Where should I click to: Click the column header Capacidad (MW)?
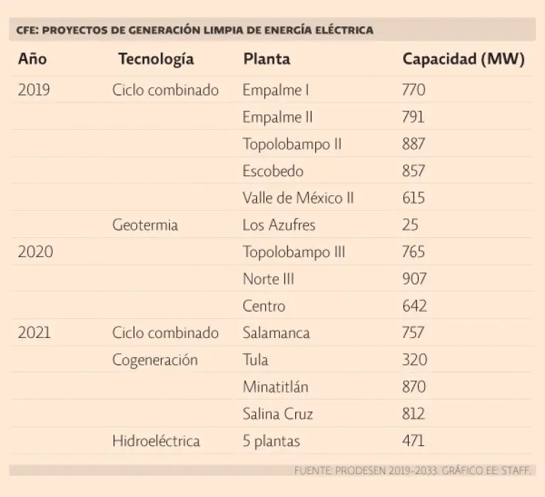tap(463, 60)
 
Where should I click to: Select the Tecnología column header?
tap(155, 60)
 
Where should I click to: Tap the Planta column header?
tap(266, 60)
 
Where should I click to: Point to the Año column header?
tap(33, 60)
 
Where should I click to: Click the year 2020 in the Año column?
tap(35, 252)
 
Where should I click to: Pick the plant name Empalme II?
tap(277, 117)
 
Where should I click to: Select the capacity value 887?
tap(413, 144)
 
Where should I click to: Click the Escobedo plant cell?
tap(272, 171)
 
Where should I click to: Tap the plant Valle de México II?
tap(298, 198)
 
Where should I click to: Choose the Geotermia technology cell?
tap(145, 225)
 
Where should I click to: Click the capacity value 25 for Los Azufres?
tap(409, 225)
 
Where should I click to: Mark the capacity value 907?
tap(414, 279)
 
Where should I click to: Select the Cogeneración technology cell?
tap(155, 360)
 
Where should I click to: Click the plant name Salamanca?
tap(276, 333)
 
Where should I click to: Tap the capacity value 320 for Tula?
tap(414, 360)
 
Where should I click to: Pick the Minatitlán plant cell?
tap(275, 387)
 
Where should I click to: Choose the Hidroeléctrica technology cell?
tap(156, 441)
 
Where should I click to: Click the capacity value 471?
tap(413, 441)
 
